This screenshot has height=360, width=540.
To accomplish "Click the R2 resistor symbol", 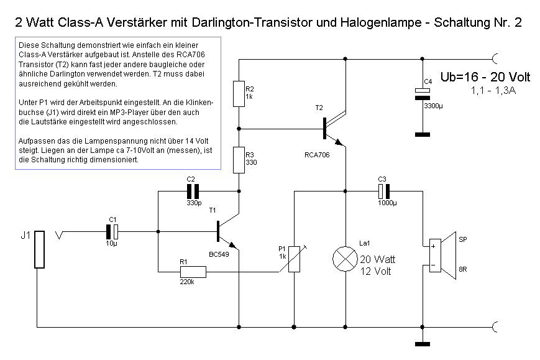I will point(239,93).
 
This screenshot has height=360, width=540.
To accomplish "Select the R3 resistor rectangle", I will point(239,160).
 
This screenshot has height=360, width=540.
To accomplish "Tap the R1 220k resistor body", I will point(193,272).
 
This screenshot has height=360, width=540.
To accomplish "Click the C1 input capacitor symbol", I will point(112,231).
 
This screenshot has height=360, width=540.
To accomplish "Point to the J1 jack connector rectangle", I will point(39,250).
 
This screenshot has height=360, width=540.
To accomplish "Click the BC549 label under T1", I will point(219,254).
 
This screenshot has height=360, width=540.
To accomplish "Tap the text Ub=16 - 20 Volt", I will point(485,77).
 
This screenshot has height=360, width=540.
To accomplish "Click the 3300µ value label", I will point(434,106).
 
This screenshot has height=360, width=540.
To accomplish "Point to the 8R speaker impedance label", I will point(462,269).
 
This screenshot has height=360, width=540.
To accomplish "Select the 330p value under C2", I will point(193,203).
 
